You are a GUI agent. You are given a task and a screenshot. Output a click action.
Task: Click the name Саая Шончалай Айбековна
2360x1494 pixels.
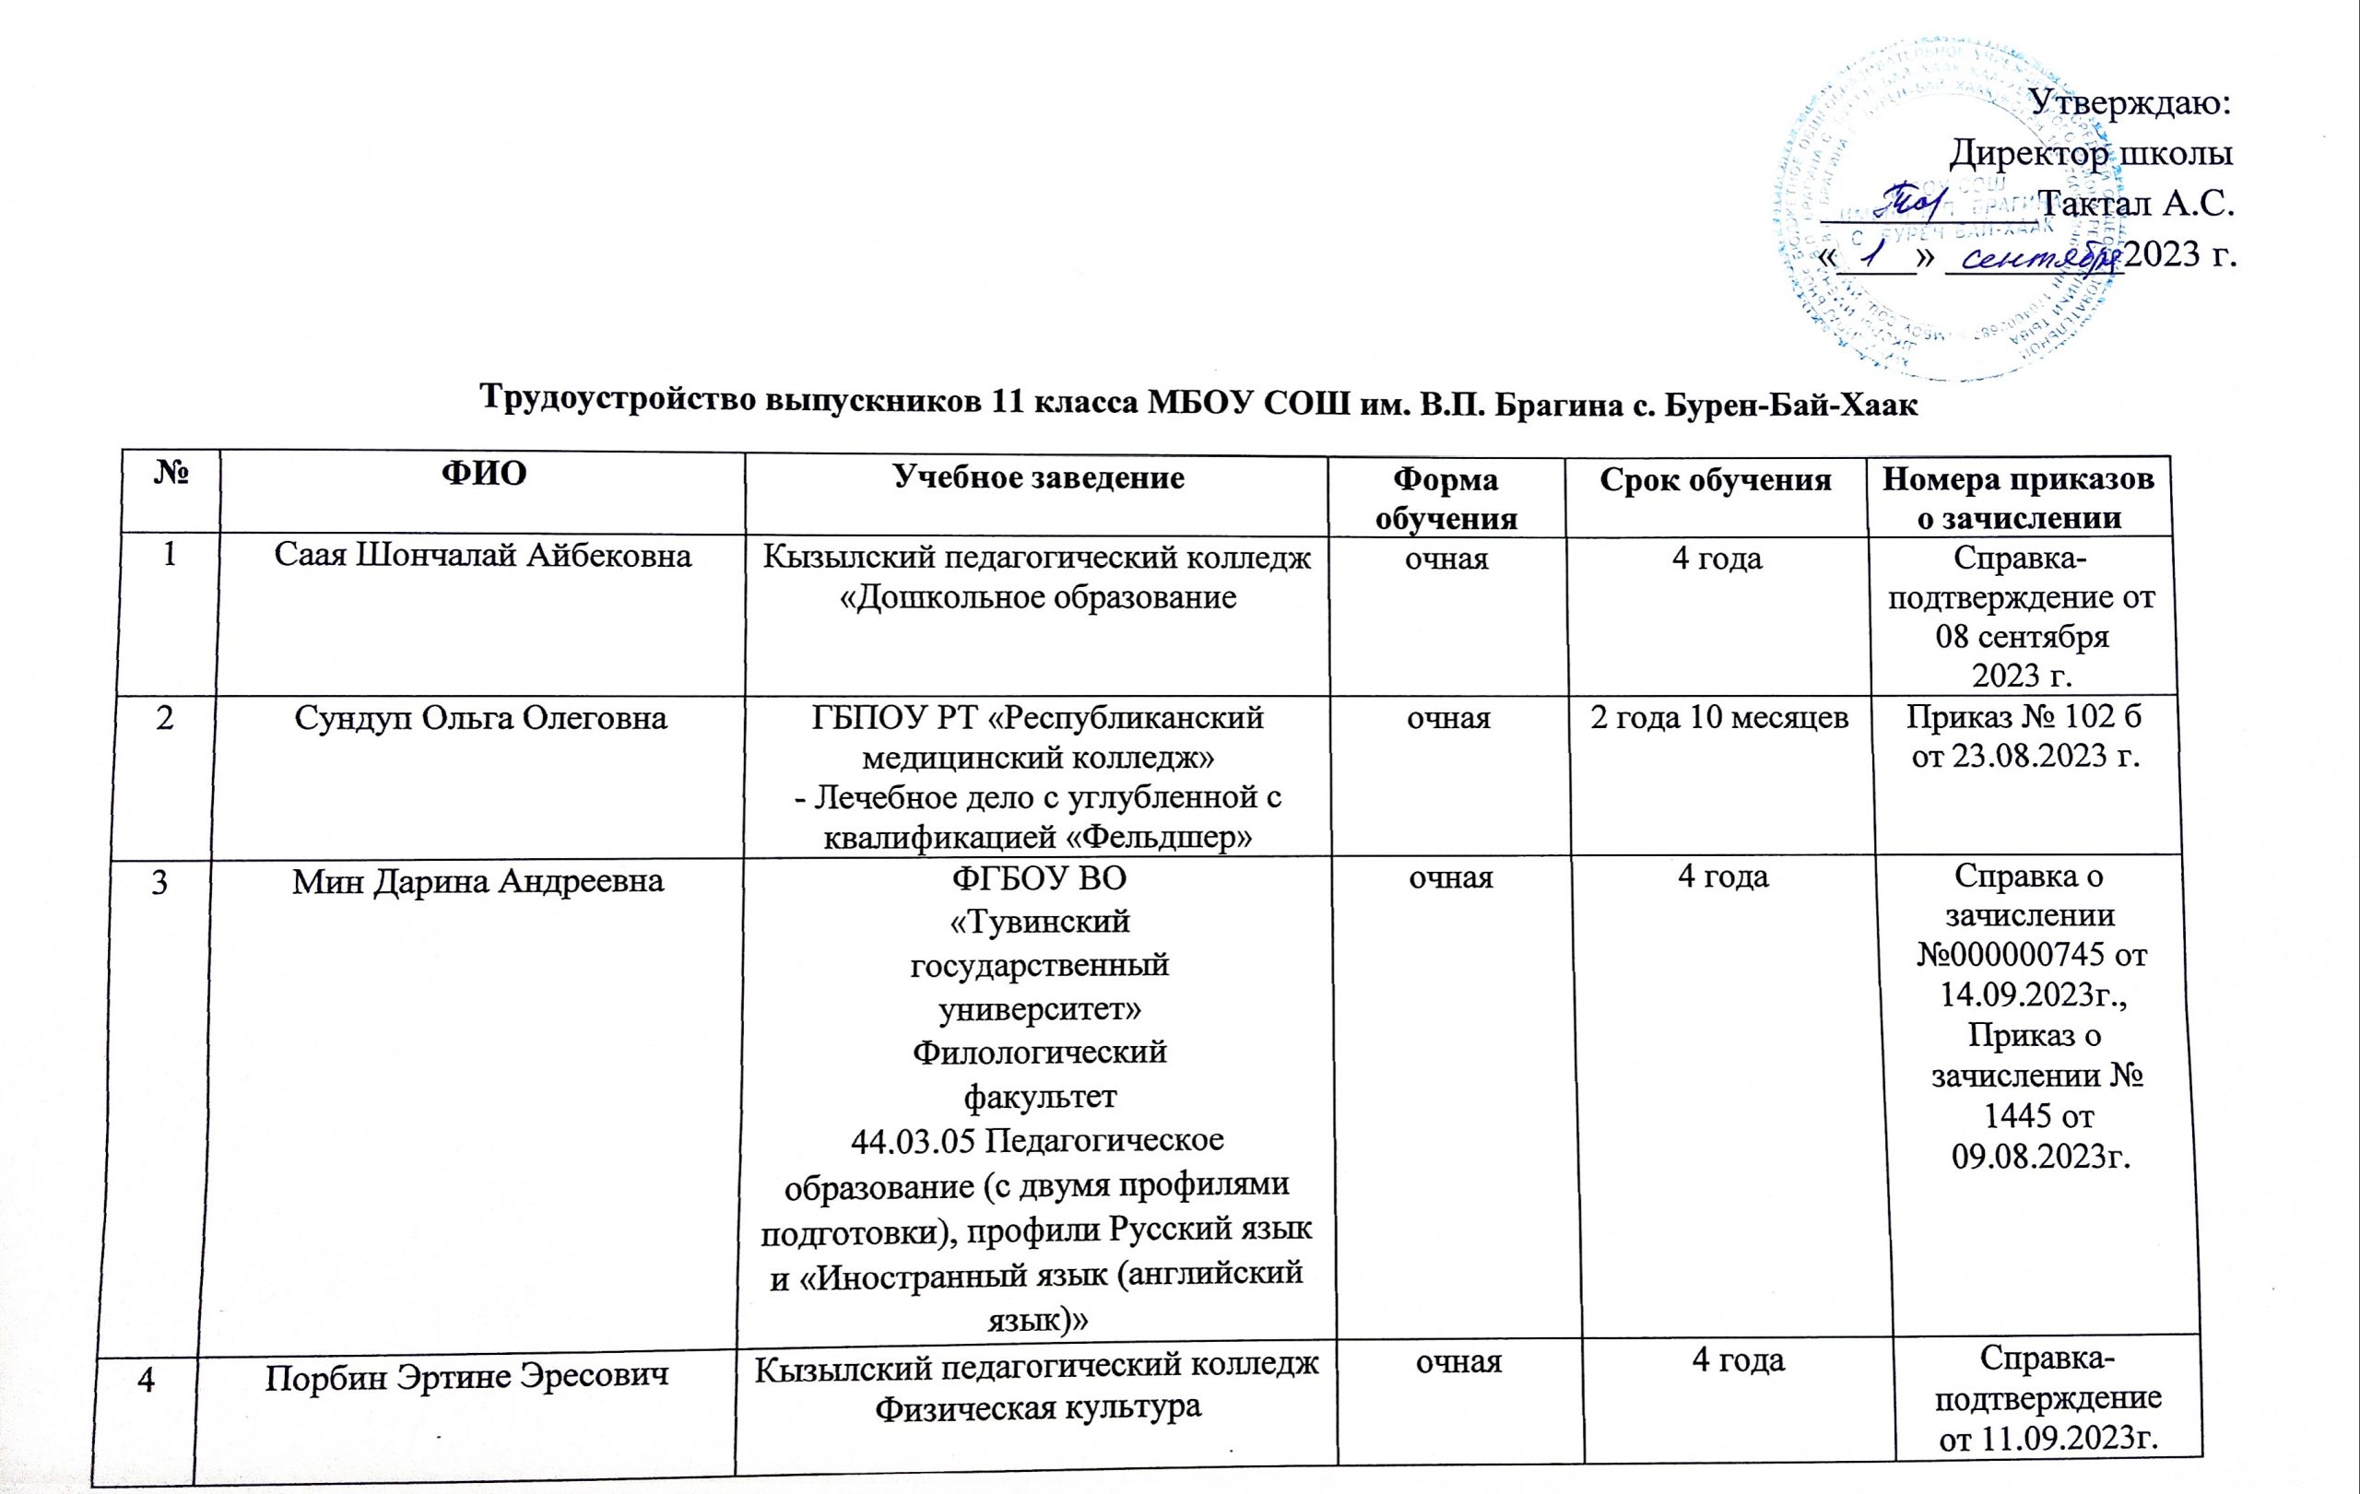482,557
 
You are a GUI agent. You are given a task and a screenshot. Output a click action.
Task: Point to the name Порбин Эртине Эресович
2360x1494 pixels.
467,1376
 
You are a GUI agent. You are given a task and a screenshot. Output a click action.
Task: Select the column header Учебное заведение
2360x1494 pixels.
1038,477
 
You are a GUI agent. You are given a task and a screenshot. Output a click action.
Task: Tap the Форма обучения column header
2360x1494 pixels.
1446,499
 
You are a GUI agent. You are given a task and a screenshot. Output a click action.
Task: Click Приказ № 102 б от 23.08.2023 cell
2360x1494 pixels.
2024,736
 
